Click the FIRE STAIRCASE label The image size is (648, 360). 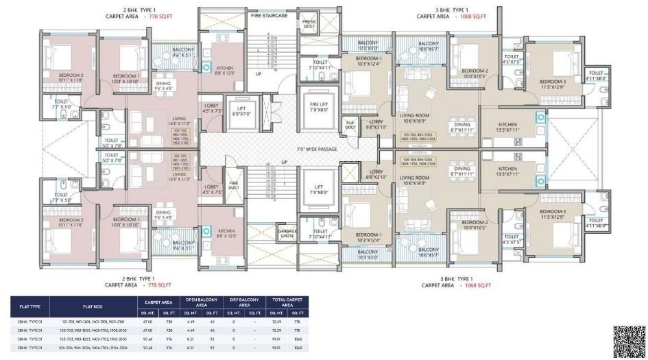click(x=269, y=15)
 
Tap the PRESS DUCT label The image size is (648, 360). click(x=309, y=23)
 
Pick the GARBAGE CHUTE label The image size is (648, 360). click(x=287, y=233)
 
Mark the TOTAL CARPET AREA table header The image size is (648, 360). click(x=288, y=302)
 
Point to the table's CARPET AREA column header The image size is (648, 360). click(x=158, y=302)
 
